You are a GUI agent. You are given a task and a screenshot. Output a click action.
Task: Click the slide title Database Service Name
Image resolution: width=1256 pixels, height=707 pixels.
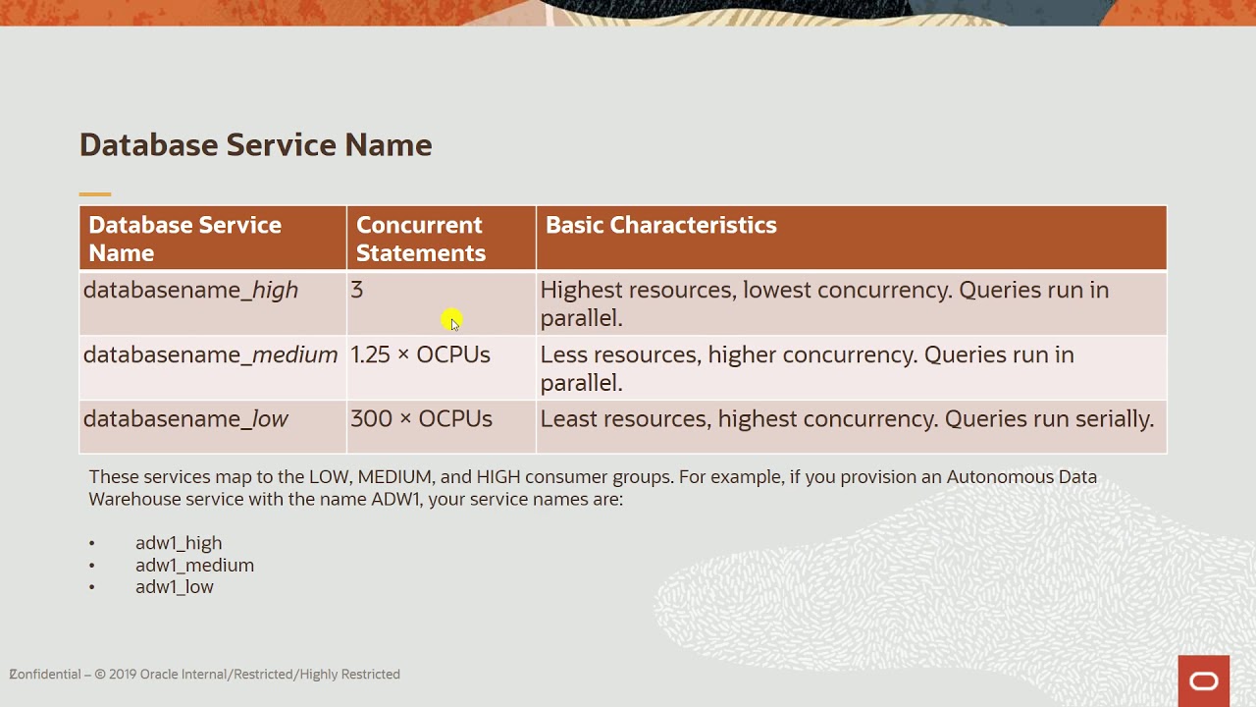255,145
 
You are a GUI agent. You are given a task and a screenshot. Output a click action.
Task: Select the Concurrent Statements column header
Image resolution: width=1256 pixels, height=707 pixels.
420,239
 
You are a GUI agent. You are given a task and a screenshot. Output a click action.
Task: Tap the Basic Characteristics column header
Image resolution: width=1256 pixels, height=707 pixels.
660,225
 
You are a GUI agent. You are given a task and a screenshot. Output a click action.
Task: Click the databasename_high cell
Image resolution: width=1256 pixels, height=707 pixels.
190,291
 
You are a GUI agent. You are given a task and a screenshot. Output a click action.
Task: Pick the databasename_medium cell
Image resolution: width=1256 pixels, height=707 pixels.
210,355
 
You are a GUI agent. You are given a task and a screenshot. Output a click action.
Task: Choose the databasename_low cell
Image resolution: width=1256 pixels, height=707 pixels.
185,419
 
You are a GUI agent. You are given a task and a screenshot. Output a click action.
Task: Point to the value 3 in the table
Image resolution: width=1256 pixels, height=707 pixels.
356,291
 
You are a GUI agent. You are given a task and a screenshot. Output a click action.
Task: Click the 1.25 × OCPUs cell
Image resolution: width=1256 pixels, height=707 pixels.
420,355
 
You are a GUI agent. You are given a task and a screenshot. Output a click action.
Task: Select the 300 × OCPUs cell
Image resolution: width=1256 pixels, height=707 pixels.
421,419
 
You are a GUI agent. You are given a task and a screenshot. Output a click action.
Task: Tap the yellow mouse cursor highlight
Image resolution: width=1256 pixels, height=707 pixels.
450,320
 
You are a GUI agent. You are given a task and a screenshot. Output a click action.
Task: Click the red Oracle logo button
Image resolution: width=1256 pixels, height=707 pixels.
1203,680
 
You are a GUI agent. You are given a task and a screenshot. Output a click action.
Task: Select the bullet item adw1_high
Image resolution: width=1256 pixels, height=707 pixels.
179,543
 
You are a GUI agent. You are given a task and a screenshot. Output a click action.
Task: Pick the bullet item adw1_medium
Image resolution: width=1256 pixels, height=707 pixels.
194,566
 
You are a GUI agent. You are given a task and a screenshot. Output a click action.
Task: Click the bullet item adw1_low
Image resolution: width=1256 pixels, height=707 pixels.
174,587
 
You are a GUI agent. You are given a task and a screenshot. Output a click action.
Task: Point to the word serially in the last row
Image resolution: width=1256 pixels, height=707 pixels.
1114,419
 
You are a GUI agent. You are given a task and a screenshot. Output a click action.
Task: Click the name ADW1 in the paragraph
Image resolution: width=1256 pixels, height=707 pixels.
395,499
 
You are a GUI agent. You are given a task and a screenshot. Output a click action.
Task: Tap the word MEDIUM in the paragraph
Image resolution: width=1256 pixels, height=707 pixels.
394,477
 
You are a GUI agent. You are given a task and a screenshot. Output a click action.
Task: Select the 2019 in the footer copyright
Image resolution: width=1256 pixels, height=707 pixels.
123,675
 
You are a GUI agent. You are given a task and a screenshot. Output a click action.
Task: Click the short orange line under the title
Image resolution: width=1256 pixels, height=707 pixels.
95,194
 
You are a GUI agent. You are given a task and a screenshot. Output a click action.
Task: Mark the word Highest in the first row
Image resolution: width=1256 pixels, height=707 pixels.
581,291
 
